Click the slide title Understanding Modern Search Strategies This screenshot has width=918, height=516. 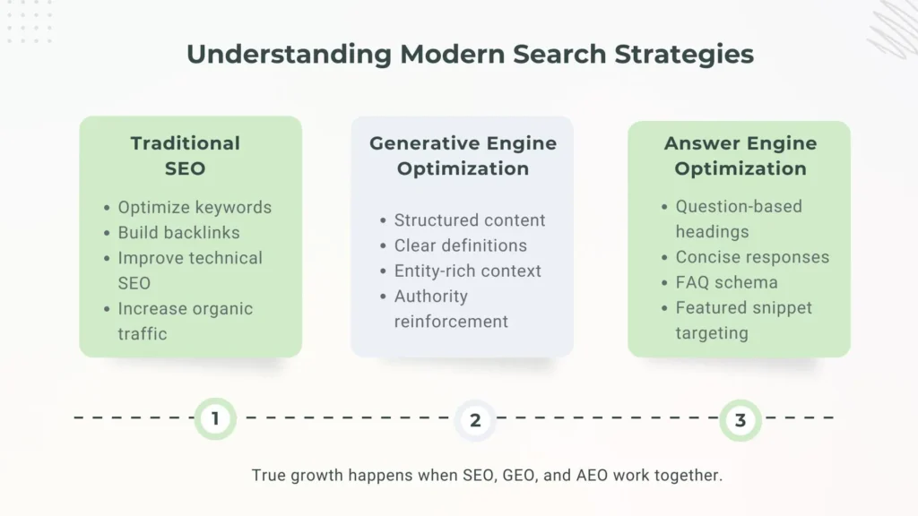[x=470, y=54]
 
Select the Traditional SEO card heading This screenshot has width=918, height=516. [x=186, y=155]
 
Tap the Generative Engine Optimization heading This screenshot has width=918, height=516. [x=463, y=155]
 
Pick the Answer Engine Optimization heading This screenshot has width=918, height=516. [x=740, y=155]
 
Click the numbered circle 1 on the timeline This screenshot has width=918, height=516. [x=215, y=418]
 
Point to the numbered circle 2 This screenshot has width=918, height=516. [x=475, y=420]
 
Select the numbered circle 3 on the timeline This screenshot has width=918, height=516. [x=740, y=420]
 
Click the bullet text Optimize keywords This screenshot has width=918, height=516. [x=195, y=207]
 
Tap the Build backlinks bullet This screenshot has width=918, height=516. [x=179, y=232]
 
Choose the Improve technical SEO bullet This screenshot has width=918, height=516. [x=189, y=270]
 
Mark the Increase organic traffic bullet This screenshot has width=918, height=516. [x=185, y=321]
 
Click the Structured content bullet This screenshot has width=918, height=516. [x=470, y=220]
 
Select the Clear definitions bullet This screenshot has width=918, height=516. [x=461, y=245]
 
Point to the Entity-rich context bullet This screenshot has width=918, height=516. [x=468, y=271]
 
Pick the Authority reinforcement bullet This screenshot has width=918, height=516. [x=450, y=308]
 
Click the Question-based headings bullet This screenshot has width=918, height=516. [x=738, y=219]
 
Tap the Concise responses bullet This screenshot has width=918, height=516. [x=752, y=257]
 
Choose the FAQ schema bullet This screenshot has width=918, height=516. [x=727, y=282]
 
